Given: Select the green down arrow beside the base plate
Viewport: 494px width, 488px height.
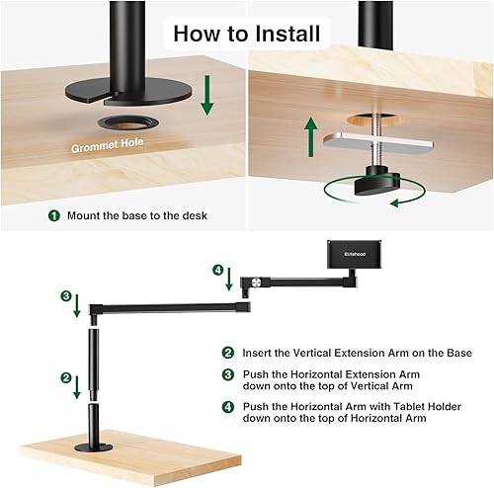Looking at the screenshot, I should coord(206,97).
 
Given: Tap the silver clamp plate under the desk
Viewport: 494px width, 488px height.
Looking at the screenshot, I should coord(381,144).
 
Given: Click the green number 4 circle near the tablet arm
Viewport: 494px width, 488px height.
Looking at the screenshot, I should coord(217,269).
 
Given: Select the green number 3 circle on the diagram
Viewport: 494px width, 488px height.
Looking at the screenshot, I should coord(65,295).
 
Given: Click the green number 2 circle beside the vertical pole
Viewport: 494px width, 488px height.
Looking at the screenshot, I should coord(64,377).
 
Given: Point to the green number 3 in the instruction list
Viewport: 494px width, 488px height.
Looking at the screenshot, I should coord(227,374).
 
